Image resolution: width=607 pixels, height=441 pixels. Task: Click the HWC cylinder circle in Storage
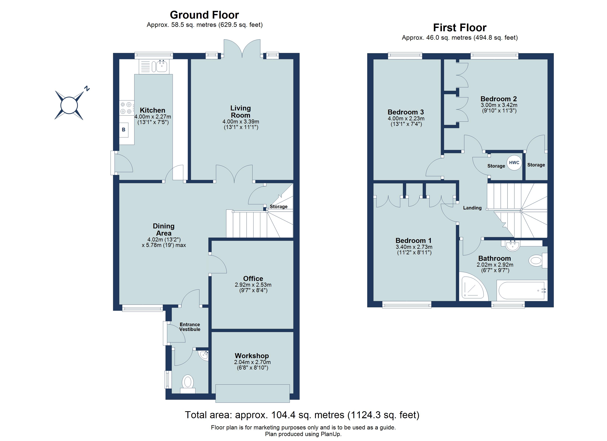coord(514,163)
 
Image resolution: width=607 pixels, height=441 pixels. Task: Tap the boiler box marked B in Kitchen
coord(124,130)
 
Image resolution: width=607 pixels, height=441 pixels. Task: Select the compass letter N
coord(86,89)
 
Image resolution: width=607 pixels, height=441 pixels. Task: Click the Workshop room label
coord(252,356)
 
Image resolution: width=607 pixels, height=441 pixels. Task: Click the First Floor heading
coord(459,28)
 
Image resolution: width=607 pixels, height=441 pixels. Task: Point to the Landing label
coord(472,208)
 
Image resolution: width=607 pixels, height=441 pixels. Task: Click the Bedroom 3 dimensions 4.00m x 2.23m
coord(406,119)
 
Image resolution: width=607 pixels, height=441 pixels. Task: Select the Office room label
coord(253,278)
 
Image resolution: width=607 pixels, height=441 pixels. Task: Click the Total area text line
coord(302,415)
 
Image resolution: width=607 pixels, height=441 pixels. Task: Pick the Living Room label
coord(240,112)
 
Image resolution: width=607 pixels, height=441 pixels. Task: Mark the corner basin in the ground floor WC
coord(204,355)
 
